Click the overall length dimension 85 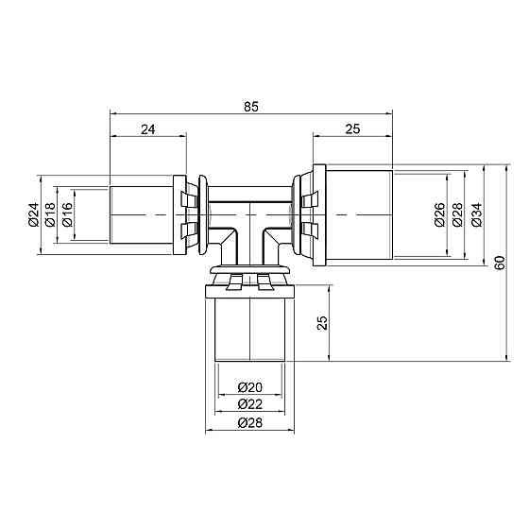click(250, 107)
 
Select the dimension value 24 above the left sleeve click(147, 129)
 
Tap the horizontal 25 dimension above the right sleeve click(353, 129)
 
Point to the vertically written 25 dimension click(322, 323)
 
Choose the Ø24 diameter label click(32, 216)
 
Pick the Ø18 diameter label click(49, 216)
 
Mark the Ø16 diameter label click(66, 216)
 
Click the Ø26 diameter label click(439, 216)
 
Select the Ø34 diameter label click(476, 216)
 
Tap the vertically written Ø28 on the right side click(458, 216)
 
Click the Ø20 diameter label click(250, 387)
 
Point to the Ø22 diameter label click(250, 403)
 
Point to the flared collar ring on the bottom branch click(251, 276)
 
